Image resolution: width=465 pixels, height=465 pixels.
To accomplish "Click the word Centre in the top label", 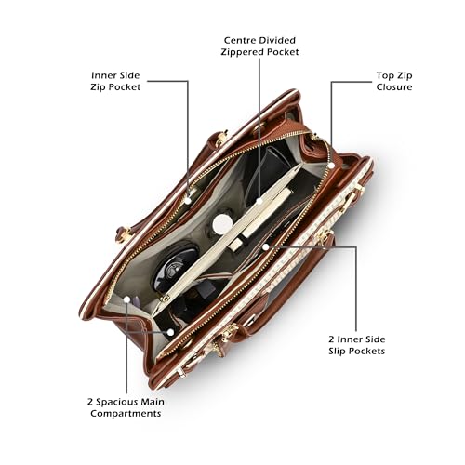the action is [240, 40].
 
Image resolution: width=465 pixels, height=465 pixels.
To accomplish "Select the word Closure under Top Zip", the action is [394, 86].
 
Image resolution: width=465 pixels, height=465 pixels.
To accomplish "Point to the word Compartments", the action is [126, 414].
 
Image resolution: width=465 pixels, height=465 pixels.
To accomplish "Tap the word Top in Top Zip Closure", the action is [384, 75].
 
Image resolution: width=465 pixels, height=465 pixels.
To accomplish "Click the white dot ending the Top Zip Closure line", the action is [331, 166].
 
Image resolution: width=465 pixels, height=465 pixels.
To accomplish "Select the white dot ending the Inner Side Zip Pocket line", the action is [188, 200].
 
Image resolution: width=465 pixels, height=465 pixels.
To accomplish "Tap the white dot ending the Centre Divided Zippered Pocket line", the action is [259, 201].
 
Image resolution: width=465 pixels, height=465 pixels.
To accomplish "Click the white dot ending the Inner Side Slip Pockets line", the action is [266, 246].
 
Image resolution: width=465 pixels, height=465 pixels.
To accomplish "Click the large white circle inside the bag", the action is [222, 223].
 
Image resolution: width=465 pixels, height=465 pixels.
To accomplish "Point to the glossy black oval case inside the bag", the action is [174, 267].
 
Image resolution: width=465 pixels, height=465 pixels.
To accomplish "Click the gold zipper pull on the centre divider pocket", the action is [165, 299].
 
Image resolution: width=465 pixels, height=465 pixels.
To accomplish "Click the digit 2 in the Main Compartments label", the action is [90, 402].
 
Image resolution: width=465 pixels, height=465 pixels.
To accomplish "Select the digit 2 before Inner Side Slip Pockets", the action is [332, 339].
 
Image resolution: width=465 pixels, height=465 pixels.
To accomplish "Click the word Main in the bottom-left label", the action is [153, 402].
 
